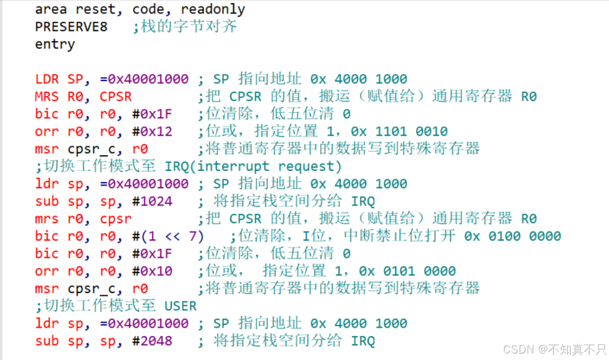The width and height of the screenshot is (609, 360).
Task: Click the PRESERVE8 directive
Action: pyautogui.click(x=71, y=27)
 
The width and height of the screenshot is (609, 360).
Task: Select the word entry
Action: pyautogui.click(x=55, y=44)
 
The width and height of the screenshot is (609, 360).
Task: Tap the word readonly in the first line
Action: pyautogui.click(x=213, y=10)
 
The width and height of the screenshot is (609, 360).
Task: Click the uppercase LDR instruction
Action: pyautogui.click(x=47, y=79)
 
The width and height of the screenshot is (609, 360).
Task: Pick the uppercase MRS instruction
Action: pyautogui.click(x=47, y=97)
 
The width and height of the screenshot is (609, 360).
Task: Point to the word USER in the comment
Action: pyautogui.click(x=180, y=306)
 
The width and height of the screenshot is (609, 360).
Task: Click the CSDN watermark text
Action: pyautogui.click(x=554, y=349)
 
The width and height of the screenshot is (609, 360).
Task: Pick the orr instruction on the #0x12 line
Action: pyautogui.click(x=47, y=131)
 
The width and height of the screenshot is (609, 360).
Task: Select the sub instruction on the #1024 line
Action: pyautogui.click(x=47, y=201)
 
